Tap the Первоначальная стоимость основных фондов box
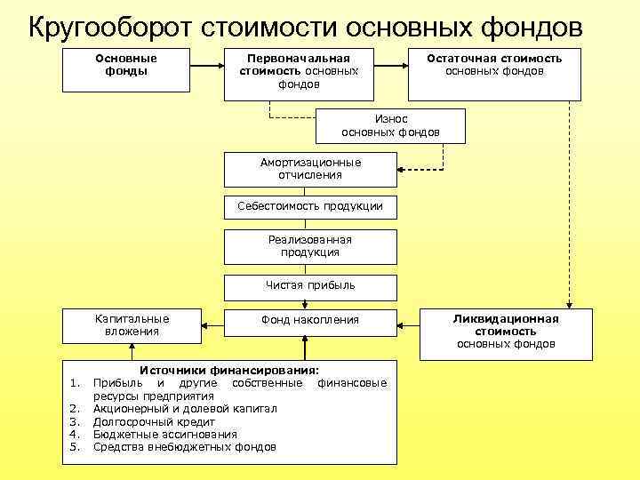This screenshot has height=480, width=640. coord(299,71)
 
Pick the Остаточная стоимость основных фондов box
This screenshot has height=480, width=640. coord(493,71)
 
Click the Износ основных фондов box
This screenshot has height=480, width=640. coord(390,125)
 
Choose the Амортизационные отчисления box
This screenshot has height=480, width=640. coord(310,169)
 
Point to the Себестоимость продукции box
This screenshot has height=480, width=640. coord(310,206)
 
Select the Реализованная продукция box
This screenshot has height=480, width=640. coord(310,246)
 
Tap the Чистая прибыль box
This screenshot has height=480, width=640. coord(310,285)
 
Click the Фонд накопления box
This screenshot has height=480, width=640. coord(310,320)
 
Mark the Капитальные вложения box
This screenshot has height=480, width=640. coord(132,325)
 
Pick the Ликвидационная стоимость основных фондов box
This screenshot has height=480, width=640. coord(506,332)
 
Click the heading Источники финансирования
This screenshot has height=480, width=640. coord(230,371)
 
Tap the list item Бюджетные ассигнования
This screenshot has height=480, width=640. coord(165,434)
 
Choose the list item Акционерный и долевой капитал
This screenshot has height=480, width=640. coord(185,409)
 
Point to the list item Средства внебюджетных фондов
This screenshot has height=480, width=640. coord(185,446)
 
